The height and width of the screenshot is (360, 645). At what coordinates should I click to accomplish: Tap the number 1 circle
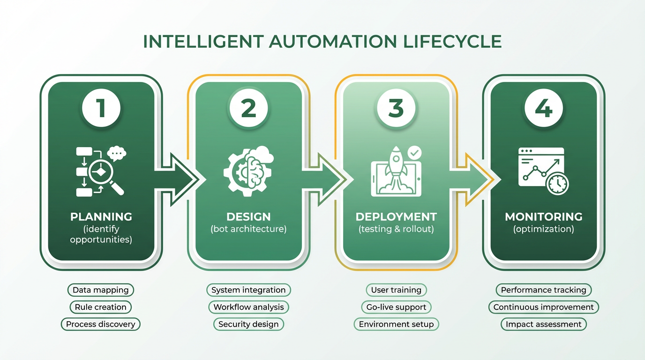coord(101,108)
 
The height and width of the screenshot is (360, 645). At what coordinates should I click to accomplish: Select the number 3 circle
coord(396,108)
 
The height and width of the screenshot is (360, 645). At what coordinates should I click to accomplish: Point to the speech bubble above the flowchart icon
coord(117,153)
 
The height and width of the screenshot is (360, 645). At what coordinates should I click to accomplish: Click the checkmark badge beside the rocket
coord(414,153)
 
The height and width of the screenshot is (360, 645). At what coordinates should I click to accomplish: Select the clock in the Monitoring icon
coord(557,184)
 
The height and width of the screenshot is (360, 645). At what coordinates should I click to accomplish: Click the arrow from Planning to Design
coord(180,179)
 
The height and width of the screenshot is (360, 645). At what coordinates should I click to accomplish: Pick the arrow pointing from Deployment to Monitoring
coord(473,179)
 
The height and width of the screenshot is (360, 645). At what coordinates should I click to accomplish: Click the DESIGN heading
coord(248,217)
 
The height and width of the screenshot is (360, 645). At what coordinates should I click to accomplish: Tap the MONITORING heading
coord(544,217)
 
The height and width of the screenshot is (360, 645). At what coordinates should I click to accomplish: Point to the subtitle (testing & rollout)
coord(396,229)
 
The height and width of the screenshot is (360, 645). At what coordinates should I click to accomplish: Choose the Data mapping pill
coord(101,290)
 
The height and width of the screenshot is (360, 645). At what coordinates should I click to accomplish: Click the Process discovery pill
coord(101,324)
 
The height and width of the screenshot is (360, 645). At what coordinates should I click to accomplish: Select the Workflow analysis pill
coord(248,307)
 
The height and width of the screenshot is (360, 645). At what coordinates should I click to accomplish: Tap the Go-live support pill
coord(396,307)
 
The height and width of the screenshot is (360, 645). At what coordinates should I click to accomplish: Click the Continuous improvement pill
coord(544,307)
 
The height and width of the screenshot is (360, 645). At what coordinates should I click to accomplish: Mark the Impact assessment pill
coord(544,324)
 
